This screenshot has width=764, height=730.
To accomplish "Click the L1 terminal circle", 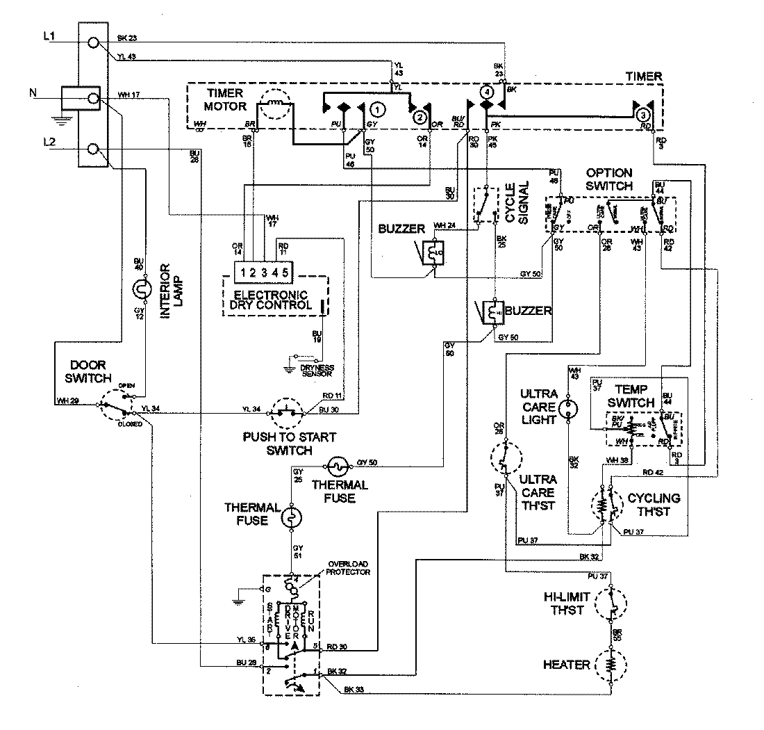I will click(92, 44).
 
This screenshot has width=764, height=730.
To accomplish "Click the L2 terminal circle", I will click(92, 149).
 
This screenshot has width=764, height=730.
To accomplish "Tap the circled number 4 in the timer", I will click(487, 91).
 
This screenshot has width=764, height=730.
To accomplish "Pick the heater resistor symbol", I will click(611, 665).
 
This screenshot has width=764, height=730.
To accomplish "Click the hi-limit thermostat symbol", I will click(611, 602).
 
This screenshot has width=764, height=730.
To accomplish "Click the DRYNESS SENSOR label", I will click(316, 370).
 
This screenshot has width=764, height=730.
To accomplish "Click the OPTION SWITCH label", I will click(608, 179).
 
